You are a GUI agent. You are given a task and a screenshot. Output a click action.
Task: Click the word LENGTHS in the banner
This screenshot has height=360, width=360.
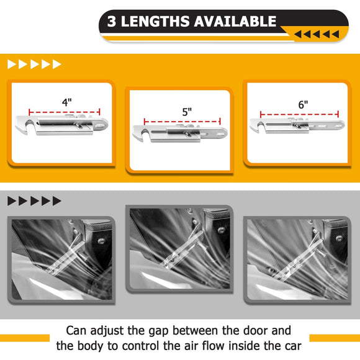[156, 21]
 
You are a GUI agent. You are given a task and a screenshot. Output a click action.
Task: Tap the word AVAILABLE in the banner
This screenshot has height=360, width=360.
[235, 21]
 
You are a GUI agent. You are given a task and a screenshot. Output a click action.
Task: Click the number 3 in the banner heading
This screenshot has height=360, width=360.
[112, 21]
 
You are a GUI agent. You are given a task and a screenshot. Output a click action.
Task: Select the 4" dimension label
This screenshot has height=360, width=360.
[67, 102]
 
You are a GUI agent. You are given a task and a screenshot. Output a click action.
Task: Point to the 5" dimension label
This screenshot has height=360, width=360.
[187, 112]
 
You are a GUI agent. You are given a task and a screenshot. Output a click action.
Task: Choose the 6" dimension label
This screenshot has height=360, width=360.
[303, 105]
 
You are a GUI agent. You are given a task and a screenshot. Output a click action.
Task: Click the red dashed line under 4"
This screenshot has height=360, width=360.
[65, 112]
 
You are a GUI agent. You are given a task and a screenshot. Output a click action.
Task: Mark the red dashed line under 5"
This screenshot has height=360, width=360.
[182, 122]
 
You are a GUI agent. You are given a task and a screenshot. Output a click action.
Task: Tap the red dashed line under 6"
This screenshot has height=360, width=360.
[299, 114]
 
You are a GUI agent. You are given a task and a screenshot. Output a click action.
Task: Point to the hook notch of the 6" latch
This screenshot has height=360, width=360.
[260, 126]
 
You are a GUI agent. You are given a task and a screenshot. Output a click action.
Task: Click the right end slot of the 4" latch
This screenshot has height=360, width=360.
[100, 125]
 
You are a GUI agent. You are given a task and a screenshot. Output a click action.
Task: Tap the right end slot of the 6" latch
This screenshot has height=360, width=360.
[338, 126]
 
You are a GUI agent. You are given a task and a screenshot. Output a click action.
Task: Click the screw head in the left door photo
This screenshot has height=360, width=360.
[101, 241]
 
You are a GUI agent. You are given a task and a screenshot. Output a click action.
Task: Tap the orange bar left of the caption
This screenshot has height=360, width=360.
[25, 338]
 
